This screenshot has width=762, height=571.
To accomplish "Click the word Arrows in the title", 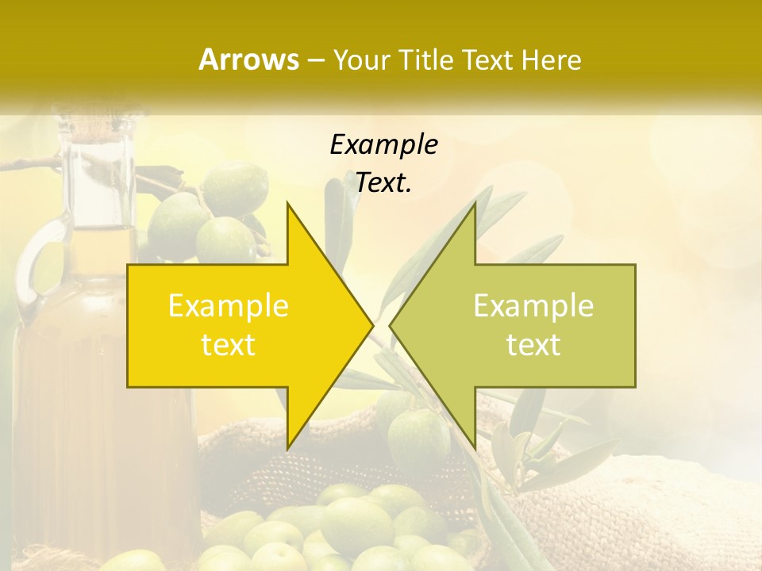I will tap(248, 59).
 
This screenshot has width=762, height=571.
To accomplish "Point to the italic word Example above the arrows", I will tap(383, 145).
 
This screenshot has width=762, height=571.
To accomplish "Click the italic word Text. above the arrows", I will tap(383, 183).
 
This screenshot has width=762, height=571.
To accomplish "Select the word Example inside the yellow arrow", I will tap(229, 305).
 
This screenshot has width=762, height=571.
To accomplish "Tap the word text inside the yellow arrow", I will tap(229, 344).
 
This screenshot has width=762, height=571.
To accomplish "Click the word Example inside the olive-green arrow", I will tap(533, 305).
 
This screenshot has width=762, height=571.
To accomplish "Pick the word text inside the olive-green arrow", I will tap(533, 344).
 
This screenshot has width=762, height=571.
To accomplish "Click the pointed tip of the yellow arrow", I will tap(373, 325).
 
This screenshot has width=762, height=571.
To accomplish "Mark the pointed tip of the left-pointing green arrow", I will tap(390, 325).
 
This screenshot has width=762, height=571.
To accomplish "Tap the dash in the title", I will tap(315, 60).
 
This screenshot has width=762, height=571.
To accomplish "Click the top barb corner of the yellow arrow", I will tap(287, 203).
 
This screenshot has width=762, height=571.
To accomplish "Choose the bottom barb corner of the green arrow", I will tap(475, 449).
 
